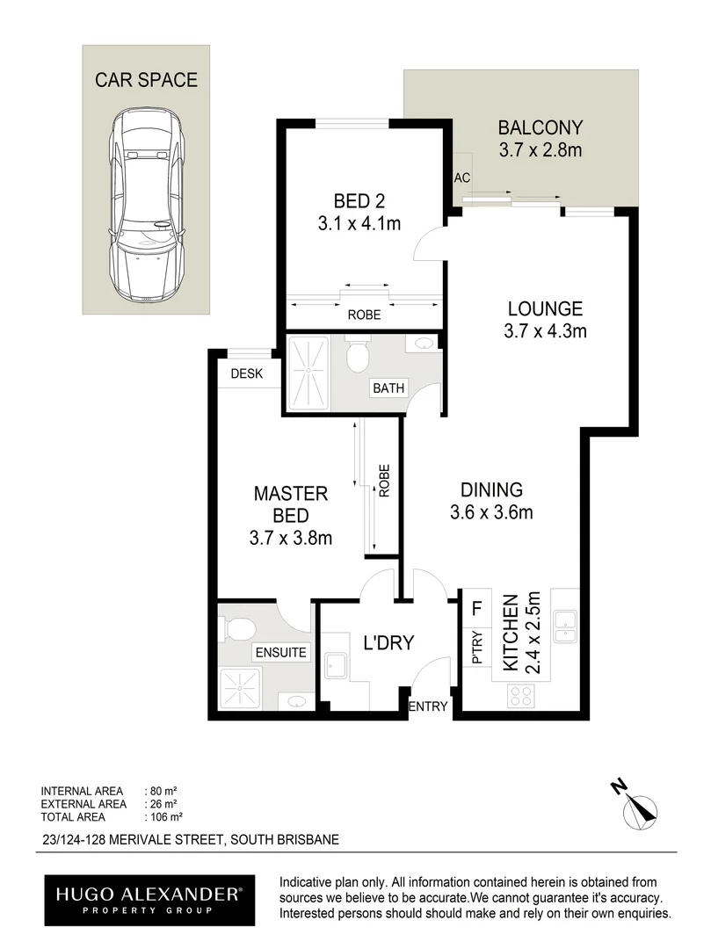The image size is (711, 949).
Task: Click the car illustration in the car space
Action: point(147,212)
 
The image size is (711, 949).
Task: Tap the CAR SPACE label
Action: point(147,80)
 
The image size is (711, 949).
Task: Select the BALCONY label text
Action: point(540,127)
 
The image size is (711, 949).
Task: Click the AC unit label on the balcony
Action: point(462,177)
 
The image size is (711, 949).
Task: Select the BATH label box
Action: point(388,388)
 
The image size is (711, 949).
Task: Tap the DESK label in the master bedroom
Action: point(247,373)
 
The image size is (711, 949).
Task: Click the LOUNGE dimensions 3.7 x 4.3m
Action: point(544,331)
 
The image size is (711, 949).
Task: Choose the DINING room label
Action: point(491,490)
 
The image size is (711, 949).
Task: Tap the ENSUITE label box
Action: point(280,652)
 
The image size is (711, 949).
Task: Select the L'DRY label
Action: point(388,644)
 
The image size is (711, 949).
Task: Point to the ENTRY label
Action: point(430,706)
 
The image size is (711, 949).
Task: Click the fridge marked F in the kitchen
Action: point(477,607)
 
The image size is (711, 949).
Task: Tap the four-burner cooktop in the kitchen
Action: point(520,696)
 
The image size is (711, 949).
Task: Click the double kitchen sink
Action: point(563,625)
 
